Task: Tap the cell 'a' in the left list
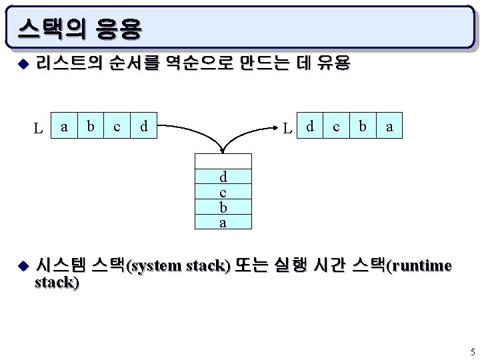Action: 64,125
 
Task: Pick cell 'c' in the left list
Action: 117,125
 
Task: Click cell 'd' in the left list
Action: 144,125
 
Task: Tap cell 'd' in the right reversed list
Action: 309,125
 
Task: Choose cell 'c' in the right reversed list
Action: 336,125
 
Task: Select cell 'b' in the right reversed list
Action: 363,125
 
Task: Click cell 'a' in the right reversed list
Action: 389,125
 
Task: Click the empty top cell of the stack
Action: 223,160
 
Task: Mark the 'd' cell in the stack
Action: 223,177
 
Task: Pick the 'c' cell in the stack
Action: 223,192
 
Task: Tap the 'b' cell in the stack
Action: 223,207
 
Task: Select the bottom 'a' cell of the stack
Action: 223,223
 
